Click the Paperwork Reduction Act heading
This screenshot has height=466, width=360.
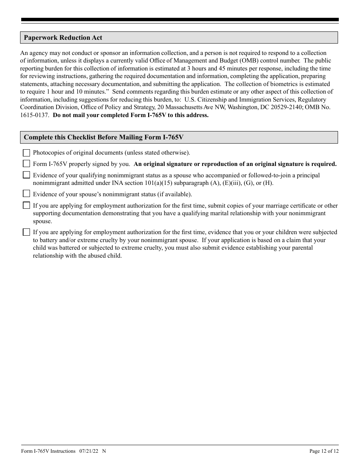point(63,38)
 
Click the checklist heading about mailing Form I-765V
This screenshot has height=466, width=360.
point(103,138)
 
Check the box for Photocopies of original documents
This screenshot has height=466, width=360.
point(26,153)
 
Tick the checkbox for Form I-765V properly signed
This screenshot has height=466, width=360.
point(26,164)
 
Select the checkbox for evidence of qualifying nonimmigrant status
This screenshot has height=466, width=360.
point(26,175)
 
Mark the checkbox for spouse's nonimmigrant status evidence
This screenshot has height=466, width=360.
point(26,194)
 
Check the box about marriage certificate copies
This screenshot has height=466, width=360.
point(26,206)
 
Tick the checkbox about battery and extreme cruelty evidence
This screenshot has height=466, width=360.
point(26,232)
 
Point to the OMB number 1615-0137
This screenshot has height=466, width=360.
point(34,115)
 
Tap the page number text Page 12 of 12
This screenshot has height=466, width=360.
point(324,451)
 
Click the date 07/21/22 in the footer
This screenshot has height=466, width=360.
point(89,451)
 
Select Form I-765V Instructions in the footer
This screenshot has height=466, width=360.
point(48,451)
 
